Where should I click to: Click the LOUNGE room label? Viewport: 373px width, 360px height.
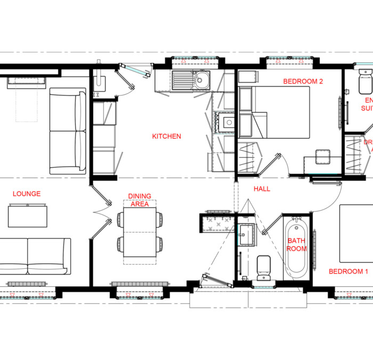tap(27, 194)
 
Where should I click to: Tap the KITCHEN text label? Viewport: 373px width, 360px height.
tap(166, 137)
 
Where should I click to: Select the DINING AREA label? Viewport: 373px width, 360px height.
tap(140, 199)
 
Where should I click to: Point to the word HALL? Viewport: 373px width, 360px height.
tap(262, 189)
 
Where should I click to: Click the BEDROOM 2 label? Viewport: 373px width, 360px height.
tap(303, 82)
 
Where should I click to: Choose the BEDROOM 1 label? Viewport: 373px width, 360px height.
tap(348, 271)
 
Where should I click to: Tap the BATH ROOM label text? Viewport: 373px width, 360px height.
tap(297, 245)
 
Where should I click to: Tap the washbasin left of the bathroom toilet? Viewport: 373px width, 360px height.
tap(247, 234)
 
